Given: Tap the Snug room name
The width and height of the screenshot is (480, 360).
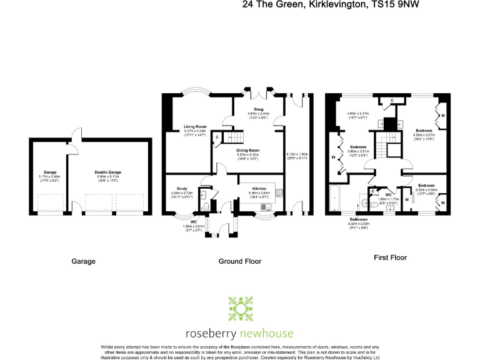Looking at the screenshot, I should pos(259,109).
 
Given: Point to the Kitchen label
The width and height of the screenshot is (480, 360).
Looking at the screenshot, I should pos(259,188).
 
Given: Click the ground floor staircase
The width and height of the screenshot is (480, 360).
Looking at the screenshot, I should pos(235,136).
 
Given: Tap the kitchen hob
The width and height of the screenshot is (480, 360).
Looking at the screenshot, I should pos(279,192).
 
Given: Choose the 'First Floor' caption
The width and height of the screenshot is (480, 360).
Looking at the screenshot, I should pos(390,257).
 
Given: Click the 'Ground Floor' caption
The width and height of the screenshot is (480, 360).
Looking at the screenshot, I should pos(240,261).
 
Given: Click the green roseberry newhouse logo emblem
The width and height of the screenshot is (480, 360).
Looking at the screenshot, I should pos(240,310).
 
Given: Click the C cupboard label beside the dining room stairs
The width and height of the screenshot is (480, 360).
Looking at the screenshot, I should pos(217,137).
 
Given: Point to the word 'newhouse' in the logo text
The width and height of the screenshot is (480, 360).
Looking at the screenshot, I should pos(264,333).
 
